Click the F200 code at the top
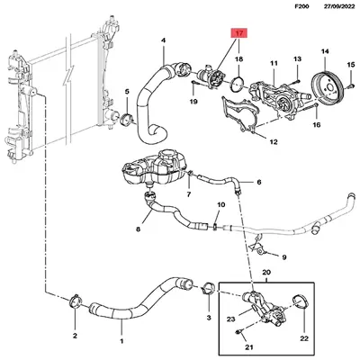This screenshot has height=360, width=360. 287,7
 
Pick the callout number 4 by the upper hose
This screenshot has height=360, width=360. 163,40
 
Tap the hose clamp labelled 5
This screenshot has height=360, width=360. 130,120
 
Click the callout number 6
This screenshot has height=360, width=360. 258,182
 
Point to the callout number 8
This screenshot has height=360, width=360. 138,229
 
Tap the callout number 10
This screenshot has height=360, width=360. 216,205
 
